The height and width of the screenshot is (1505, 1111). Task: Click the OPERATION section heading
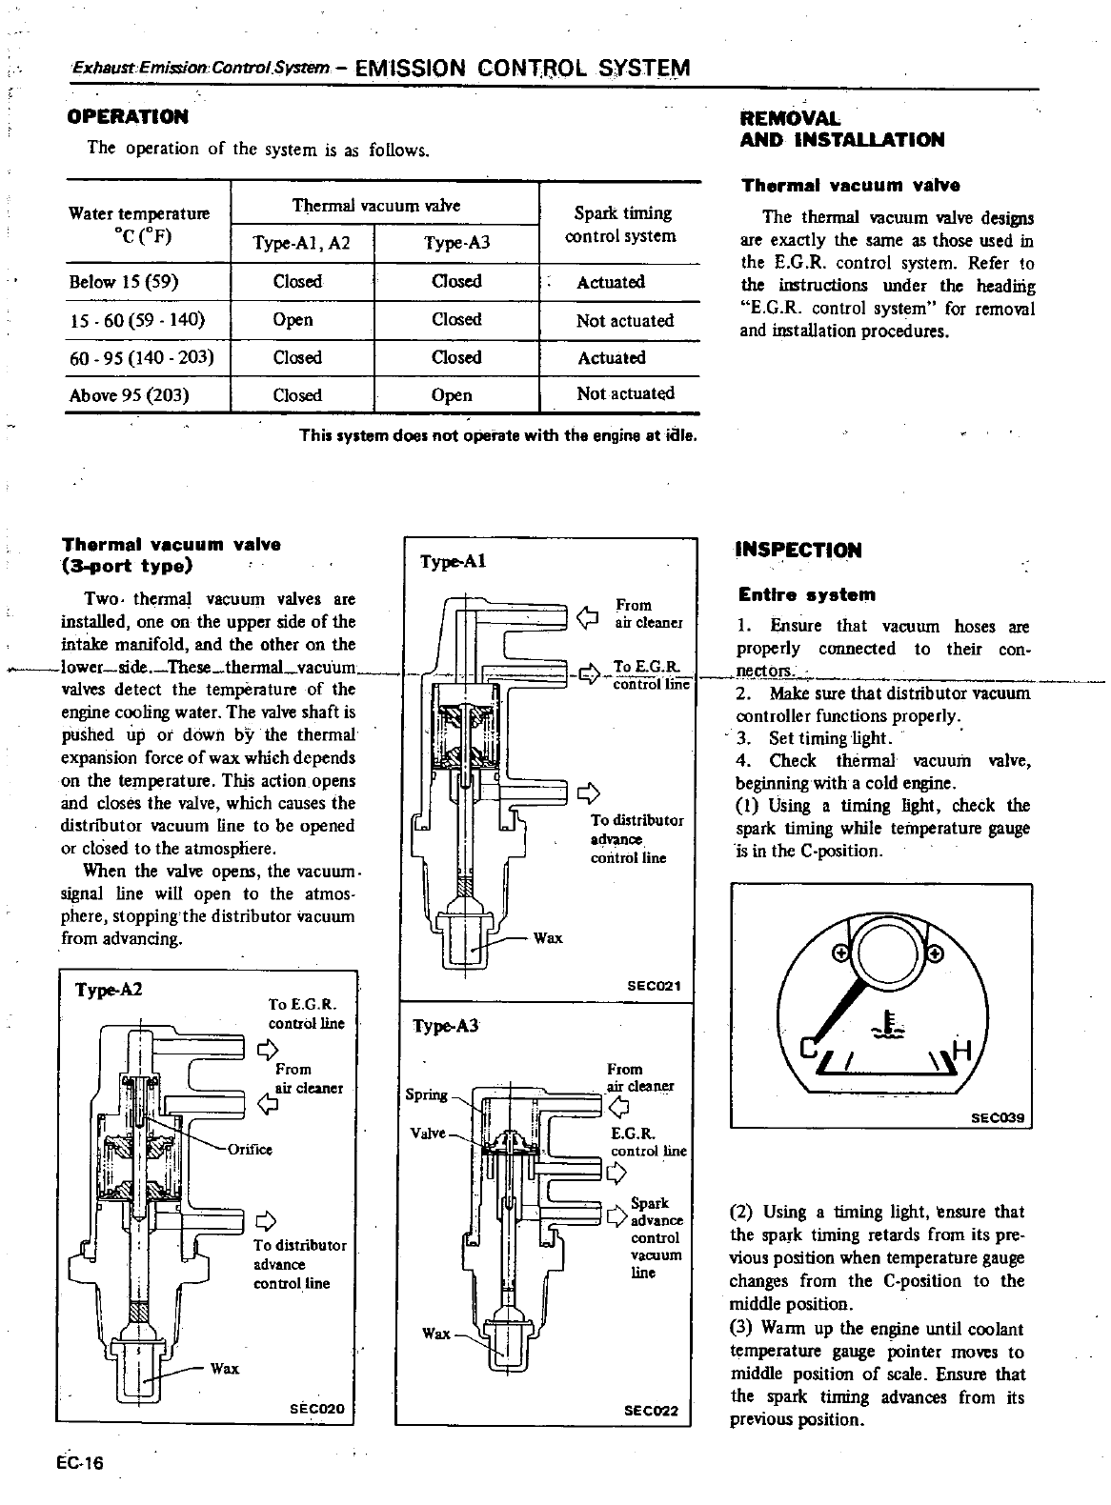click(x=127, y=117)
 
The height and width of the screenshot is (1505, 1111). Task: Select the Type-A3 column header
click(x=456, y=243)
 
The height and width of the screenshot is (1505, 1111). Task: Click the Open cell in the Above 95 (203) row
click(x=452, y=395)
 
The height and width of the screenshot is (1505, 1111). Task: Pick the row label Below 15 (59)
click(x=124, y=282)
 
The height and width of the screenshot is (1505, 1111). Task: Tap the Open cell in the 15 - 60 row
click(x=293, y=320)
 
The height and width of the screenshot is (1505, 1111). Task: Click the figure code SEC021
click(x=653, y=986)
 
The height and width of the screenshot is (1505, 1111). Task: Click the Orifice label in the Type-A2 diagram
click(x=250, y=1149)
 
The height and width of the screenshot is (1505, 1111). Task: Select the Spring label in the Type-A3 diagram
click(x=426, y=1094)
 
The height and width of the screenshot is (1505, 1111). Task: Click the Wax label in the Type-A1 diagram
click(x=548, y=938)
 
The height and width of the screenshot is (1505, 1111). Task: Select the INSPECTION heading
click(x=798, y=551)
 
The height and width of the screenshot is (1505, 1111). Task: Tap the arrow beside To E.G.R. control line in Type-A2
click(x=267, y=1050)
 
